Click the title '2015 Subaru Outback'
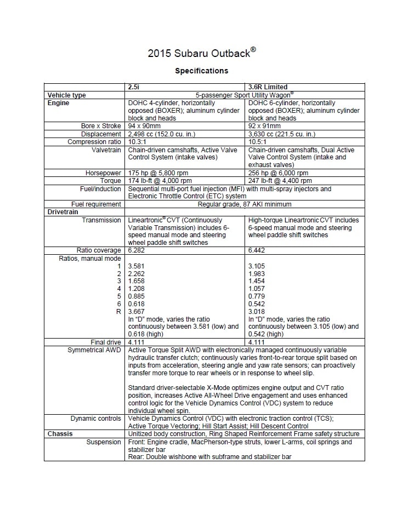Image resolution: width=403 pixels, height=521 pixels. [x=201, y=53]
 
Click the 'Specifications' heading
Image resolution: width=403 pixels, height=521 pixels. [x=201, y=71]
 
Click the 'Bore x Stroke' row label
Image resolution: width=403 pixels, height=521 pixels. [x=101, y=126]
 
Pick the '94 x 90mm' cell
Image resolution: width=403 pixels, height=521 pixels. [x=145, y=126]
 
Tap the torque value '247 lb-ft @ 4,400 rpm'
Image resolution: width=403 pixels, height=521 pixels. [x=280, y=181]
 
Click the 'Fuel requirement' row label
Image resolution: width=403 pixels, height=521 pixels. [x=97, y=204]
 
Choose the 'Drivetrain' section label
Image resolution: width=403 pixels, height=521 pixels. [x=63, y=212]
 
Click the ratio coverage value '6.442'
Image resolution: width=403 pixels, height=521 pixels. [x=258, y=250]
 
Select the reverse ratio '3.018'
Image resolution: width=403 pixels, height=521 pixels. [x=258, y=312]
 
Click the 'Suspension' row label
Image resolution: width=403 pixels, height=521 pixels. [x=104, y=442]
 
